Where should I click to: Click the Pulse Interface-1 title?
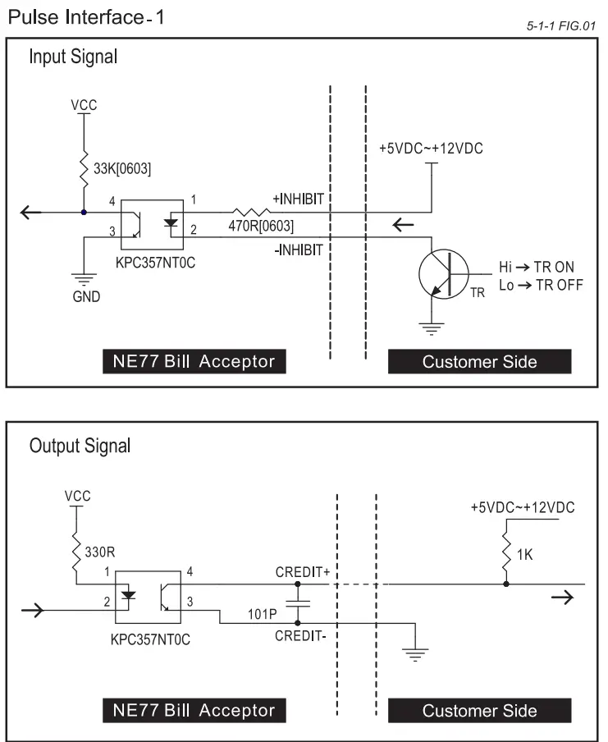(x=86, y=16)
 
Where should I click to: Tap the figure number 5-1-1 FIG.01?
(x=560, y=28)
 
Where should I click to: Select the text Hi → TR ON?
(x=537, y=267)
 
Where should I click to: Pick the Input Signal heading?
(x=73, y=57)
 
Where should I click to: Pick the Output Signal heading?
(x=80, y=446)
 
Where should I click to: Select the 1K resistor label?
(x=525, y=556)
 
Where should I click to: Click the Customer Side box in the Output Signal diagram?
(x=479, y=710)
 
